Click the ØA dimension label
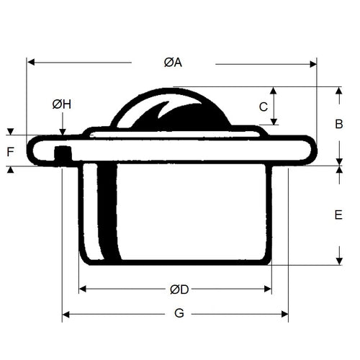coord(173,63)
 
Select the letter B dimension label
coord(339,124)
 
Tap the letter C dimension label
coord(264,107)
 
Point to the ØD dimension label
coord(179,289)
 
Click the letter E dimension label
coord(338,215)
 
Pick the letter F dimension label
coord(10,152)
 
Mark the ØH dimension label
coord(62,104)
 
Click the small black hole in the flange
coord(63,152)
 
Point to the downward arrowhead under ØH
coord(63,132)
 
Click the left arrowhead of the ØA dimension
coord(31,63)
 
